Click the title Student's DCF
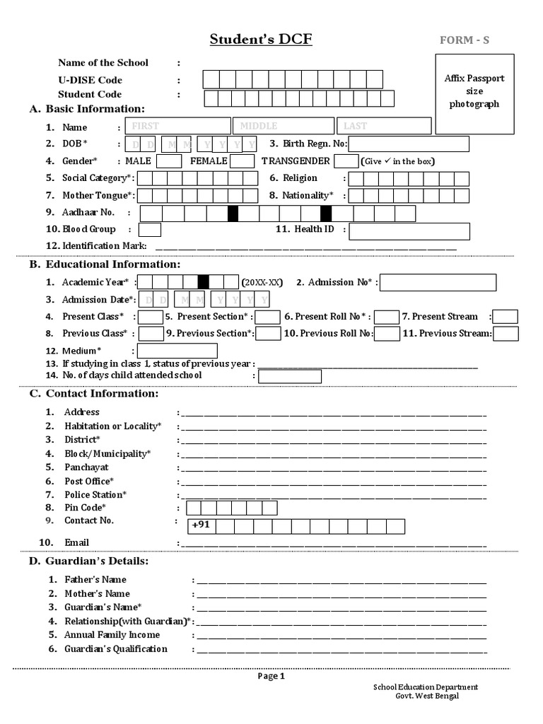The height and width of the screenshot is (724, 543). pyautogui.click(x=260, y=39)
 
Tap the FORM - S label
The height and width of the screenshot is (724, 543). pyautogui.click(x=464, y=40)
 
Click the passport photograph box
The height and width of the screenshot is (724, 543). pyautogui.click(x=474, y=93)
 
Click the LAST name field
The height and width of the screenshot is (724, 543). pyautogui.click(x=383, y=126)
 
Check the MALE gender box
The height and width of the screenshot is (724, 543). pyautogui.click(x=168, y=161)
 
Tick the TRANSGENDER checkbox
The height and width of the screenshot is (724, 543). pyautogui.click(x=346, y=161)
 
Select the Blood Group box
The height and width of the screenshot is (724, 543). pyautogui.click(x=149, y=230)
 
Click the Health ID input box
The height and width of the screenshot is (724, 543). pyautogui.click(x=409, y=230)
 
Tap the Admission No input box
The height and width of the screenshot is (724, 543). pyautogui.click(x=438, y=283)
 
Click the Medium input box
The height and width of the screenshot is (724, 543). pyautogui.click(x=177, y=351)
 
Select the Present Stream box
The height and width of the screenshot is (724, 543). pyautogui.click(x=506, y=317)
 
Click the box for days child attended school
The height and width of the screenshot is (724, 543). pyautogui.click(x=289, y=376)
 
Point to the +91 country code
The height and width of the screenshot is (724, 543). pyautogui.click(x=201, y=525)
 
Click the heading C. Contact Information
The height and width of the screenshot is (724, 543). pyautogui.click(x=93, y=394)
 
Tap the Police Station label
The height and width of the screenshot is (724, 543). pyautogui.click(x=95, y=495)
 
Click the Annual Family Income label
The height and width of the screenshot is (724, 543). pyautogui.click(x=112, y=635)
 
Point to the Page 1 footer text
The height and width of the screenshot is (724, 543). pyautogui.click(x=271, y=676)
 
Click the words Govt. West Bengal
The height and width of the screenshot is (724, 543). pyautogui.click(x=426, y=696)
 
